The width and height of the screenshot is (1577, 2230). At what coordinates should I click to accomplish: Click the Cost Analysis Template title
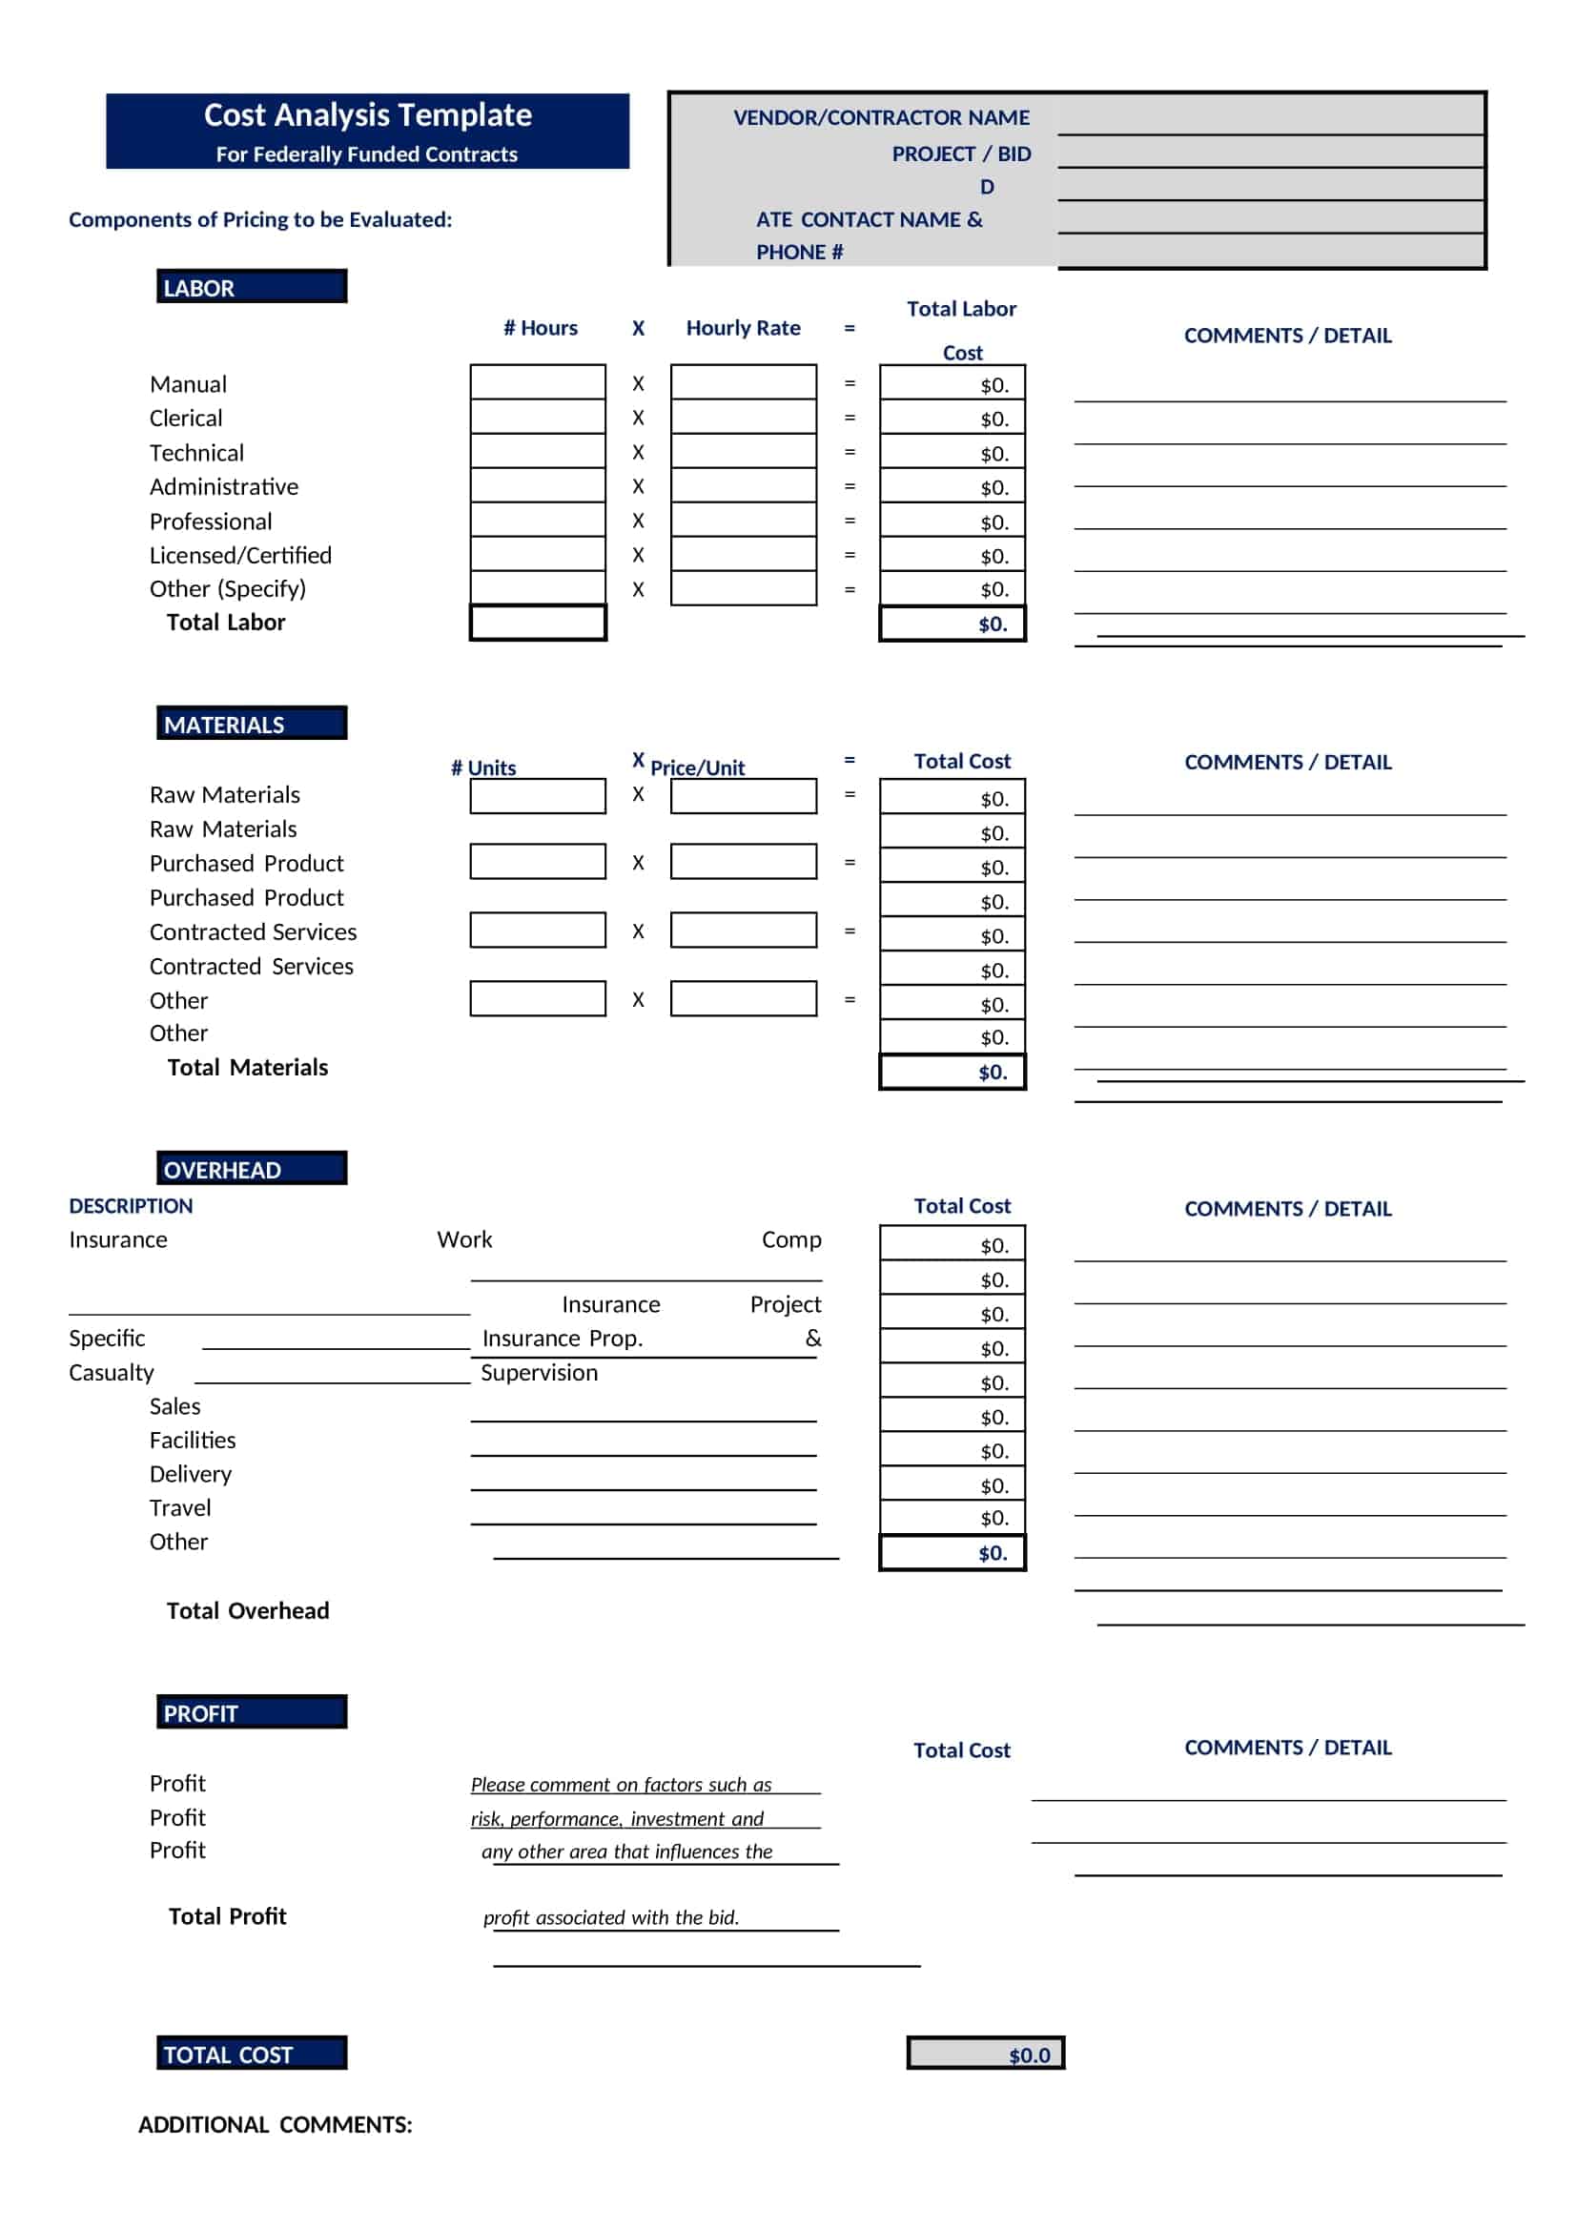pos(367,115)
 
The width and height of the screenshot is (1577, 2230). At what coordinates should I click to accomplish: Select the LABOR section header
pos(252,288)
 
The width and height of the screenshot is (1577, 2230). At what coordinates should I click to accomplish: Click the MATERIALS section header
pos(252,724)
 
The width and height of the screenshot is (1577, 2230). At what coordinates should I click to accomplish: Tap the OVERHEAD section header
pos(252,1169)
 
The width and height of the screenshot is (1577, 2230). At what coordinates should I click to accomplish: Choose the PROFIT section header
pos(252,1712)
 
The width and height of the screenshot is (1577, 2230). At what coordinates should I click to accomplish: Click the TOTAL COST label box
pos(252,2054)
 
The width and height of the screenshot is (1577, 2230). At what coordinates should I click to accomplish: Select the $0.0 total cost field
pos(986,2054)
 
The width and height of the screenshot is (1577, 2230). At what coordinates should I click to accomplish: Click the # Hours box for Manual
pos(538,382)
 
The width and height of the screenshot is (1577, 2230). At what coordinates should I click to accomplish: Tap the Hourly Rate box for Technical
pos(743,452)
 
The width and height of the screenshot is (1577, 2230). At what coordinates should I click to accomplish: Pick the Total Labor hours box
pos(538,623)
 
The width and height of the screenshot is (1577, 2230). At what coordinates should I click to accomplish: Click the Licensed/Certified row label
pos(241,555)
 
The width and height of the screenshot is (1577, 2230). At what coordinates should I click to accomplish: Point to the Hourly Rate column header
pos(743,328)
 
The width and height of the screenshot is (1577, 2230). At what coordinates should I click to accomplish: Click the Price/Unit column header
pos(697,767)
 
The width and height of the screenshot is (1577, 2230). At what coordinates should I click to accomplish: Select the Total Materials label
pos(248,1068)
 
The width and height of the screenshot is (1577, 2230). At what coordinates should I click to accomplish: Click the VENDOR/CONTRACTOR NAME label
pos(881,117)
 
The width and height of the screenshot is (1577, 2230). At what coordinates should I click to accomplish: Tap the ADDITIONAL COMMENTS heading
pos(275,2124)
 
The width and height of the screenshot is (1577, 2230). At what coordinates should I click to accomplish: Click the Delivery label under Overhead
pos(191,1473)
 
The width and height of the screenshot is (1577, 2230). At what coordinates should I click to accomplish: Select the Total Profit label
pos(227,1915)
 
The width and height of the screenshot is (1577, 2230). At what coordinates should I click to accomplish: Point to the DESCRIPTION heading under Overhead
pos(131,1205)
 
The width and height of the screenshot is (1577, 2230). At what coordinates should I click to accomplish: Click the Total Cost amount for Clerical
pos(952,419)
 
